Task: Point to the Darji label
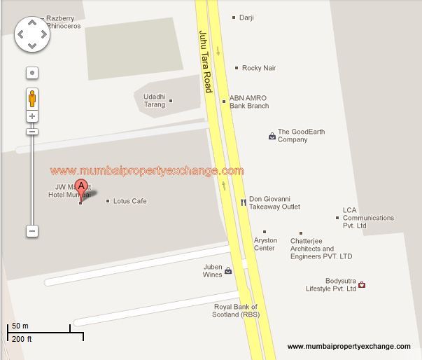point(246,18)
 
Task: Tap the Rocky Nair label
point(258,68)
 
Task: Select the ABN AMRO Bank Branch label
point(248,102)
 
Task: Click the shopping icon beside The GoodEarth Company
point(272,136)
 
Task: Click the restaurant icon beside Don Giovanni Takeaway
point(243,202)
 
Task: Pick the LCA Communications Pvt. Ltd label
point(367,218)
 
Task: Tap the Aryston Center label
point(265,244)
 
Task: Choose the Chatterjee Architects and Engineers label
point(321,249)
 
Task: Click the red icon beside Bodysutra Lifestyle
point(362,285)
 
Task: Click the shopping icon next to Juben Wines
point(228,271)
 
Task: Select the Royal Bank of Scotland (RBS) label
point(235,310)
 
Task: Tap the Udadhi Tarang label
point(154,100)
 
